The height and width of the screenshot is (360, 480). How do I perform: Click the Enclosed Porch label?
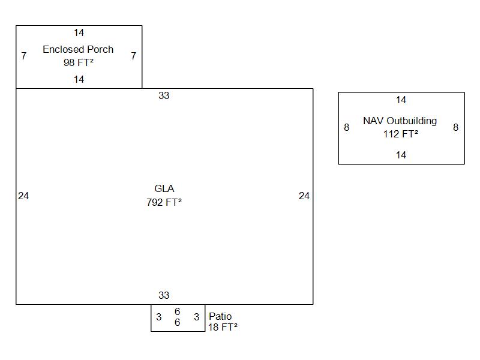tap(78, 49)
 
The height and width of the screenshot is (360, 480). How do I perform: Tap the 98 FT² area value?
tap(79, 62)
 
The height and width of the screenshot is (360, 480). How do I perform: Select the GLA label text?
tap(164, 189)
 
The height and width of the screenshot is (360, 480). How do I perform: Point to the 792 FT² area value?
tap(164, 202)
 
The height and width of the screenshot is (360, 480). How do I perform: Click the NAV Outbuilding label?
tap(400, 121)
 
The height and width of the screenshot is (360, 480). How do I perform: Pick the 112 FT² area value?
tap(401, 134)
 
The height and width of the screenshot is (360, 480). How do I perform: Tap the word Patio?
tap(220, 316)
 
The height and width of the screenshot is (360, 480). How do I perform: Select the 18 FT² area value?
tap(223, 327)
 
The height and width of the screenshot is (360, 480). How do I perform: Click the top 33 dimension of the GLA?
tap(164, 95)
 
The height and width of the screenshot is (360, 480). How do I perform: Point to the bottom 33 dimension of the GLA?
tap(164, 295)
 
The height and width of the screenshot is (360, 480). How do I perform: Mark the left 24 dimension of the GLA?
tap(23, 196)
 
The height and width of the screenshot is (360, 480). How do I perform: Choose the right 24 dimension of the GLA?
tap(304, 196)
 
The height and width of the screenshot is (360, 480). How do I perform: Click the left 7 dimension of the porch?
tap(24, 56)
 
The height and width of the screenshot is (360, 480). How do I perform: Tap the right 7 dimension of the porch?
tap(133, 56)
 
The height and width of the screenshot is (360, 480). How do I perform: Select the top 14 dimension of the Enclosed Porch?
tap(79, 32)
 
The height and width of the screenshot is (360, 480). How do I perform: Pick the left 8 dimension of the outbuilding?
tap(346, 127)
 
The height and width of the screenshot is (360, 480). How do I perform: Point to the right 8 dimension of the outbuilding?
tap(455, 127)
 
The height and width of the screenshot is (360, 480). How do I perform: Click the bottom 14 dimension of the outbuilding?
tap(401, 155)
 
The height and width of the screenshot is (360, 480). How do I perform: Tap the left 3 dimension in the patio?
tap(158, 317)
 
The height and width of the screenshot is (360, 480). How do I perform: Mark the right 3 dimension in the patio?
tap(196, 317)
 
